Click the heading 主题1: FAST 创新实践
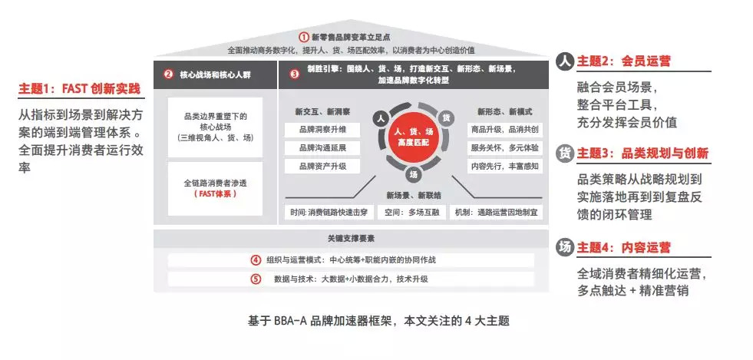[81, 90]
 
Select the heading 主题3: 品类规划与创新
[642, 152]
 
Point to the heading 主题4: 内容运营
[623, 247]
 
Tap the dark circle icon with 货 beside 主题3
[565, 152]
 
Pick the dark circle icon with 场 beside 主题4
[565, 247]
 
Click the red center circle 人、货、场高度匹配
[414, 137]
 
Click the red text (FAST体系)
[215, 194]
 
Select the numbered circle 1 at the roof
[304, 36]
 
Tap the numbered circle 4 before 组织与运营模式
[256, 259]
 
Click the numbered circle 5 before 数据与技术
[256, 279]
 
